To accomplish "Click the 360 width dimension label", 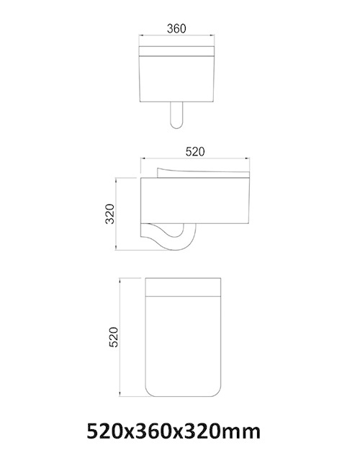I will [x=176, y=29].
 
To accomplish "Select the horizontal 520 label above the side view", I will [x=196, y=151].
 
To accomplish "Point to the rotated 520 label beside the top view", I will [x=112, y=336].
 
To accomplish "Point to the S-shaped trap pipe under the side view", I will [x=173, y=238].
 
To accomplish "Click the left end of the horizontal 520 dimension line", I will [x=140, y=158].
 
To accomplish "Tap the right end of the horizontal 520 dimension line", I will [x=251, y=158].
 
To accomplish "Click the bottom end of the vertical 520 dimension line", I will [x=122, y=396].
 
